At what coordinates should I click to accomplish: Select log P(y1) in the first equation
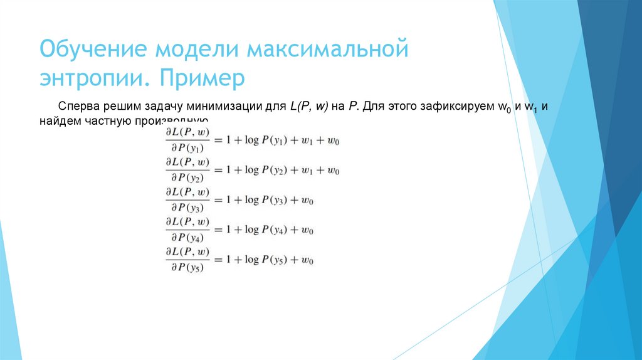[x=266, y=140]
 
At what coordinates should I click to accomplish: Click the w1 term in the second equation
[x=305, y=171]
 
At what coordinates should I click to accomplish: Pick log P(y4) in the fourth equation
[x=266, y=230]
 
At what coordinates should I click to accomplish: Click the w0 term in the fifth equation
[x=307, y=259]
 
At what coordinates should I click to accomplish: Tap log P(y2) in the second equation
[x=266, y=171]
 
